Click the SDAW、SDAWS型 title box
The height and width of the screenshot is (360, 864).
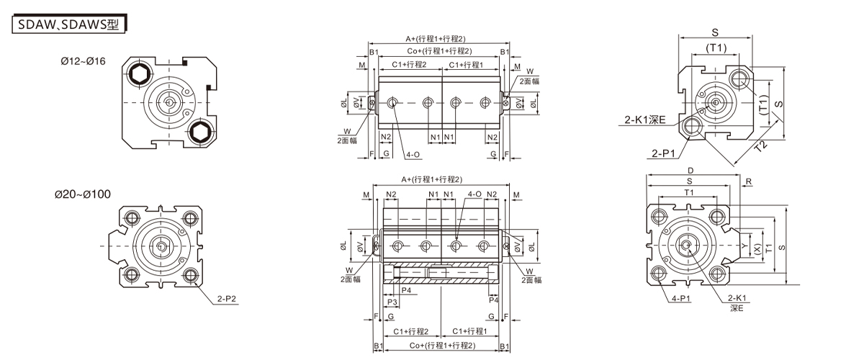[68, 24]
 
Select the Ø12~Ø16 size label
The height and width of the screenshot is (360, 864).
[83, 61]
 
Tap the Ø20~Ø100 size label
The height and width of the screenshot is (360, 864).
[83, 194]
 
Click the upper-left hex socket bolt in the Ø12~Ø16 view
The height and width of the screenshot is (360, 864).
[138, 73]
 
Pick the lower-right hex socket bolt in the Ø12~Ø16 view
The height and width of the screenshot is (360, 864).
[201, 132]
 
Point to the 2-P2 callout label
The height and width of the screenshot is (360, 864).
[226, 299]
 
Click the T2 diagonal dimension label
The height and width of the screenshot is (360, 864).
[760, 146]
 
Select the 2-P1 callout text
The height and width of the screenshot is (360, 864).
[663, 153]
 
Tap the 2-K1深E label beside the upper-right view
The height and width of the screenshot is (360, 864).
[645, 120]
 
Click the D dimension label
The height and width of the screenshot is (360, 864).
[690, 171]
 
